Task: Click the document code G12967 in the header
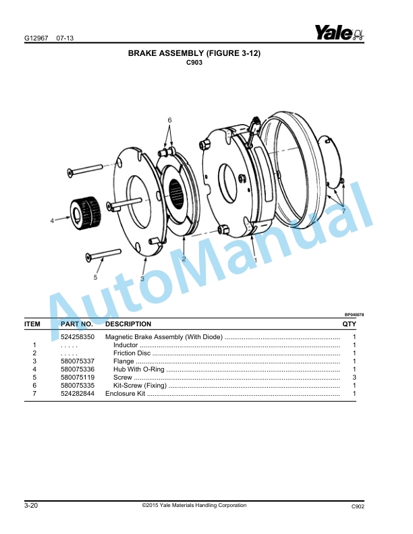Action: click(x=36, y=38)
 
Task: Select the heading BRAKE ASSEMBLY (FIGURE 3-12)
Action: click(x=194, y=53)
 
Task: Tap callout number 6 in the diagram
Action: click(x=170, y=120)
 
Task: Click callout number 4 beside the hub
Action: click(x=51, y=220)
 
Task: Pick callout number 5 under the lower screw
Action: click(x=95, y=276)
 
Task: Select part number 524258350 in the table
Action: click(x=78, y=336)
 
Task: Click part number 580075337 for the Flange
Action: click(x=78, y=361)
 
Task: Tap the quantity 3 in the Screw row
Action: click(x=354, y=378)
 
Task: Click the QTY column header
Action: click(x=349, y=324)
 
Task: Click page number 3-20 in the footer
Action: click(x=31, y=506)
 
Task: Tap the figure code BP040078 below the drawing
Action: click(x=354, y=314)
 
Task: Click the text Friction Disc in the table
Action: click(x=132, y=353)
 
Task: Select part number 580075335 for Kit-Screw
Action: click(x=78, y=386)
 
